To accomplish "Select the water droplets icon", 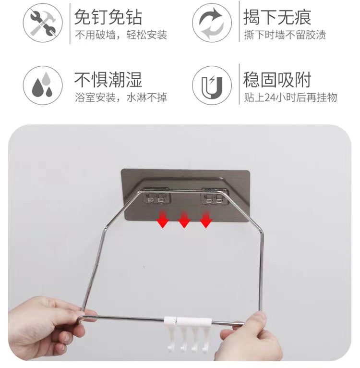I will (43, 86).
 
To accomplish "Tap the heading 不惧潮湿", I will (108, 79).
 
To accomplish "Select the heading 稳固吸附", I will (277, 79).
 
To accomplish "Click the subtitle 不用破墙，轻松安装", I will (120, 36).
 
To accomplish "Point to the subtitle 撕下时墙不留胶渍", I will (285, 36).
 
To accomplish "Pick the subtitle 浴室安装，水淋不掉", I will (120, 98).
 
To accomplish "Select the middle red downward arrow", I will (185, 221).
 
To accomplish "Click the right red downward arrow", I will (206, 221).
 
